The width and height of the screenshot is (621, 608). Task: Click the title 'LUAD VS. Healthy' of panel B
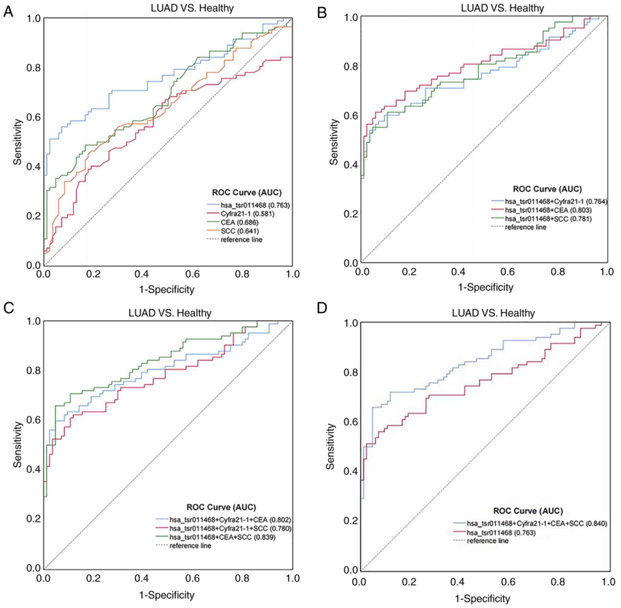coord(502,8)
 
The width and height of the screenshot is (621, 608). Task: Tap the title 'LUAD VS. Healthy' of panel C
coord(170,313)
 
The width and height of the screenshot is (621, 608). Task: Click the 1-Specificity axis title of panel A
coord(167,289)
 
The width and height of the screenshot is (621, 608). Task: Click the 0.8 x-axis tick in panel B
coord(558,272)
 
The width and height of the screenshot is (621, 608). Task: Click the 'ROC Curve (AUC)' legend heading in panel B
coord(547,189)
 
